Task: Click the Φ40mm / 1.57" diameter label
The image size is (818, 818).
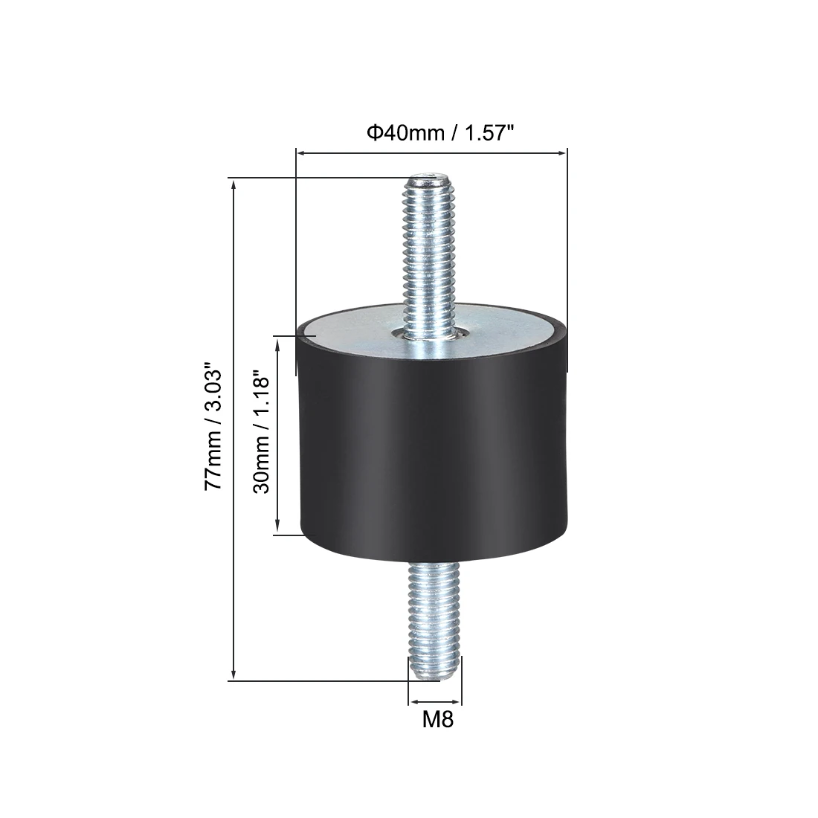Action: point(441,134)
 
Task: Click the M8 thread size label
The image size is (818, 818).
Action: point(438,720)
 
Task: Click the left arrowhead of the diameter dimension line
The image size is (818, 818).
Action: point(300,153)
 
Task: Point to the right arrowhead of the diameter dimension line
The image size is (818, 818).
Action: point(562,153)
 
